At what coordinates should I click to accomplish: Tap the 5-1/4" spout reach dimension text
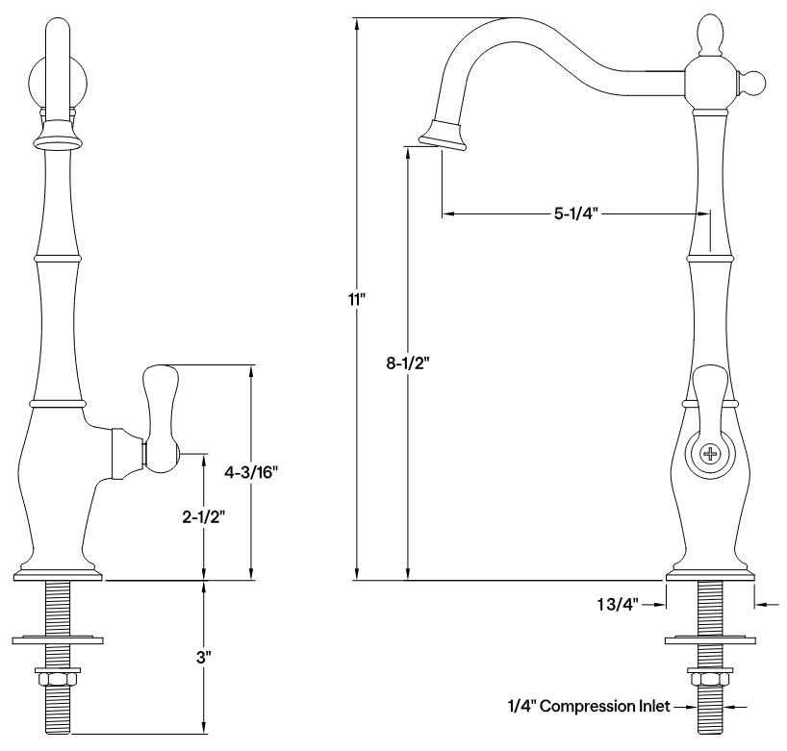click(575, 213)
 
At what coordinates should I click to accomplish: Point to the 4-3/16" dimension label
click(252, 472)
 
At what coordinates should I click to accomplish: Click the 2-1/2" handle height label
click(202, 516)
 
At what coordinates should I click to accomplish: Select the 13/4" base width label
click(616, 604)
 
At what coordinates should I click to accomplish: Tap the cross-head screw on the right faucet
click(710, 454)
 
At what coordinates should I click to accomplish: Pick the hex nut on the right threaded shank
click(710, 679)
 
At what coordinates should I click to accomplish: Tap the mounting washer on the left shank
click(60, 638)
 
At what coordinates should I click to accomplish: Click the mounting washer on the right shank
click(710, 638)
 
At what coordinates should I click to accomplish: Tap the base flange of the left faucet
click(59, 575)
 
